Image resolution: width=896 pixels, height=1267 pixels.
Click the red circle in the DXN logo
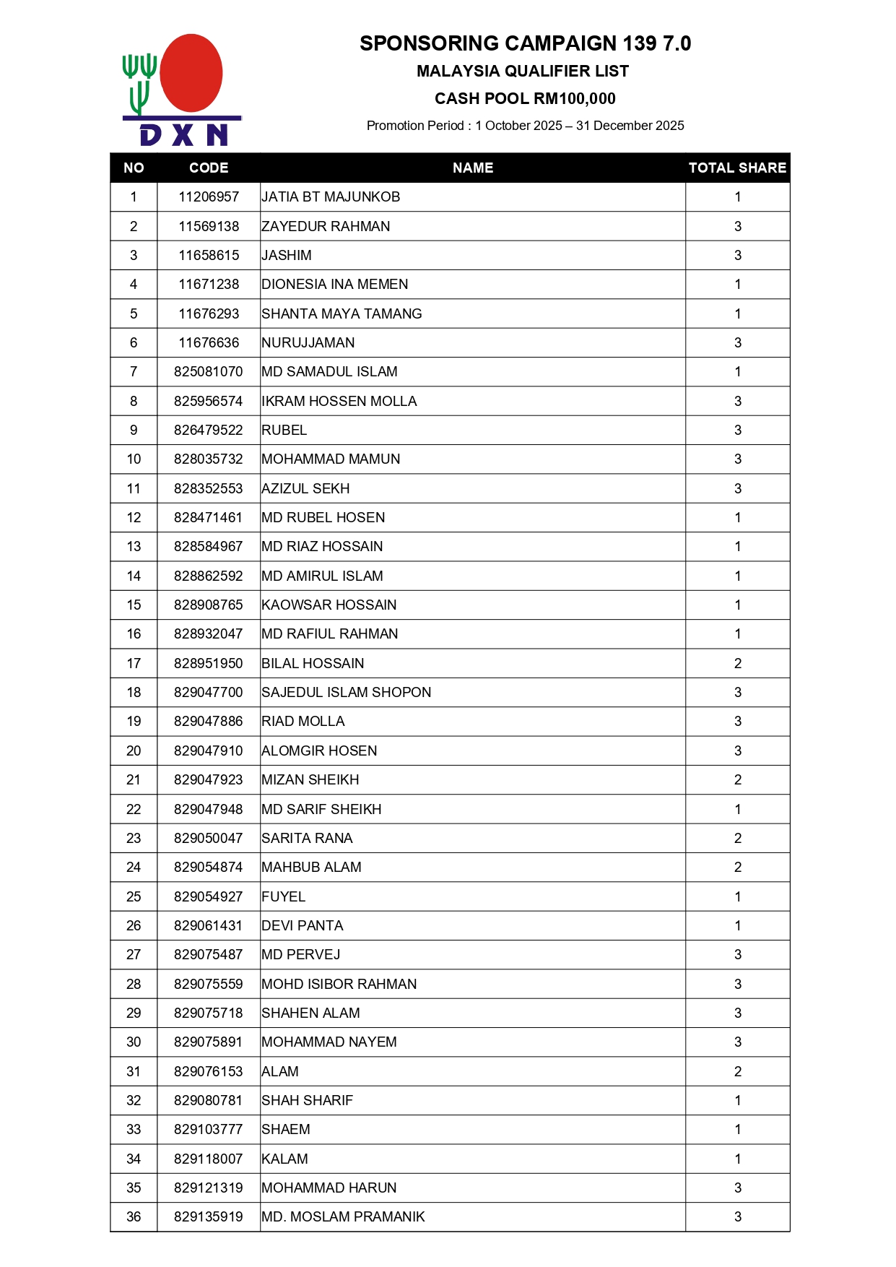(x=191, y=73)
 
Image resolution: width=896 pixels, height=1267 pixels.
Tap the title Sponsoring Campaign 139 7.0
(x=525, y=43)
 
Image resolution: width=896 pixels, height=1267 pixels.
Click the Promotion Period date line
(x=525, y=126)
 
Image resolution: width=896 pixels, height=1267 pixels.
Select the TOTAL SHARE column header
(x=737, y=168)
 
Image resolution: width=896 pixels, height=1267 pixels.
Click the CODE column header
(x=209, y=168)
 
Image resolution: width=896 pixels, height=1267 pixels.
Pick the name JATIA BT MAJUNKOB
(x=331, y=197)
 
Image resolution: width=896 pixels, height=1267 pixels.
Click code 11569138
(x=209, y=226)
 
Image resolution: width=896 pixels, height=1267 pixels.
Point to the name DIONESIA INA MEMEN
(x=335, y=285)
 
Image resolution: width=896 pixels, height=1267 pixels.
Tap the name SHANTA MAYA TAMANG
(x=342, y=313)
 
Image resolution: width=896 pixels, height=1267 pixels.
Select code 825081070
(x=209, y=372)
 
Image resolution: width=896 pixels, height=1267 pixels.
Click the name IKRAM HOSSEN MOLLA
(x=339, y=401)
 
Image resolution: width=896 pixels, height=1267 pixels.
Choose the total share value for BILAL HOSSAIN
(x=737, y=663)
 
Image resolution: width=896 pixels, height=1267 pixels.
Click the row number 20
(x=134, y=751)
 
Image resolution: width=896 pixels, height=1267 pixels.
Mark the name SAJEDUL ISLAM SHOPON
(x=347, y=692)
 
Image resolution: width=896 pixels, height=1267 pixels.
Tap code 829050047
(x=209, y=838)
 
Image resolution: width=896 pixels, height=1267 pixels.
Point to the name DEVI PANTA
(x=303, y=925)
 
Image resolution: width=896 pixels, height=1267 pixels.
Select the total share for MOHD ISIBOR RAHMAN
(x=737, y=984)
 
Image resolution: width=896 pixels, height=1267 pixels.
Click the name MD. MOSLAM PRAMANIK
(x=343, y=1216)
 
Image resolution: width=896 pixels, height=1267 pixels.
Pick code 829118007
(x=209, y=1159)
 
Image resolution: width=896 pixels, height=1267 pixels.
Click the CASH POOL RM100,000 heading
(x=525, y=99)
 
